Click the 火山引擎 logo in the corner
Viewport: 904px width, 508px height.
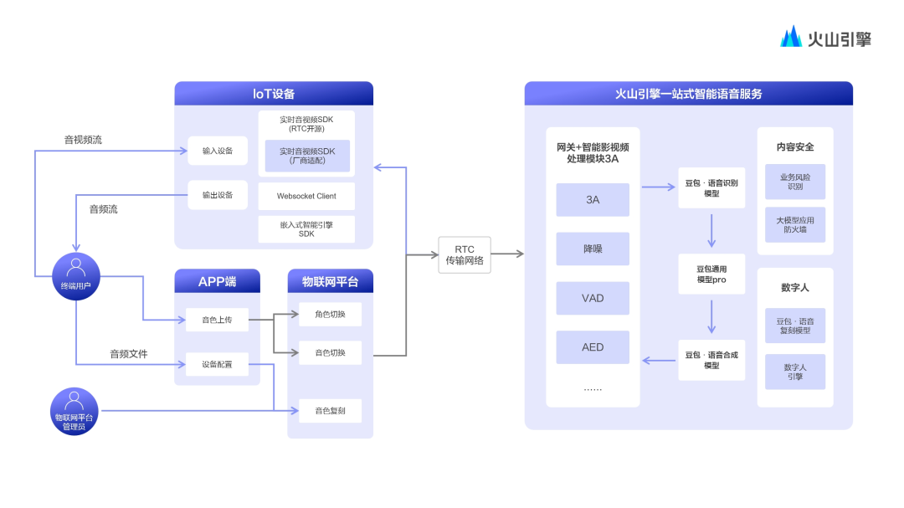point(825,38)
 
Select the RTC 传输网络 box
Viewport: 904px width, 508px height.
point(464,254)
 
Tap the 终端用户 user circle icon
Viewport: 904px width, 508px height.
point(75,275)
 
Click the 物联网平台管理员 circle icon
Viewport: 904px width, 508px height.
point(75,410)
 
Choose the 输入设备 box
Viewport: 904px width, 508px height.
point(218,151)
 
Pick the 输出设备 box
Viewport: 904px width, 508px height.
point(218,195)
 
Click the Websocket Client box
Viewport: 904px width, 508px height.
point(306,197)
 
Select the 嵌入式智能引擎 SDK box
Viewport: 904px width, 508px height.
point(306,228)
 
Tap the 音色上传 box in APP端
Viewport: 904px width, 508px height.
point(218,319)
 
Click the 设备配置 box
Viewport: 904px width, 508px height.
point(218,364)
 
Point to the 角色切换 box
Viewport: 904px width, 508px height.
point(330,315)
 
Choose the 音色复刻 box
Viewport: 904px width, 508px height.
point(330,410)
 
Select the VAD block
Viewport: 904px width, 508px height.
point(593,298)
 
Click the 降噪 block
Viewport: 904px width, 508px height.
point(593,249)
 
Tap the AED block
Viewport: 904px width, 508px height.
point(593,347)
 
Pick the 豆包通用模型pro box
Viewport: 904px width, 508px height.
point(711,275)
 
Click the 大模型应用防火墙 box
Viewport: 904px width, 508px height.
point(795,224)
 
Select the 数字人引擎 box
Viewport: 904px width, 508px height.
point(795,372)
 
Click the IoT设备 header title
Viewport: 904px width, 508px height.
point(274,94)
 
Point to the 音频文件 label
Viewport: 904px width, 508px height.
point(129,354)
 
